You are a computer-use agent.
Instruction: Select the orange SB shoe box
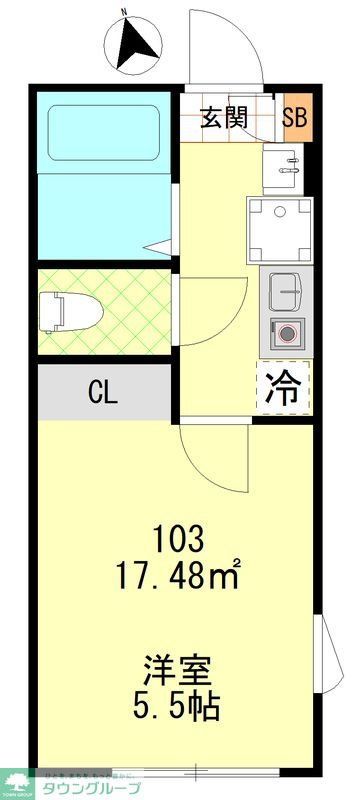pyautogui.click(x=295, y=117)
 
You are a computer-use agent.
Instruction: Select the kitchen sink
pyautogui.click(x=286, y=290)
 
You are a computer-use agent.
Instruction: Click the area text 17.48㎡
pyautogui.click(x=180, y=576)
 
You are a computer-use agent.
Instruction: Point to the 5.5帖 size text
pyautogui.click(x=180, y=704)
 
